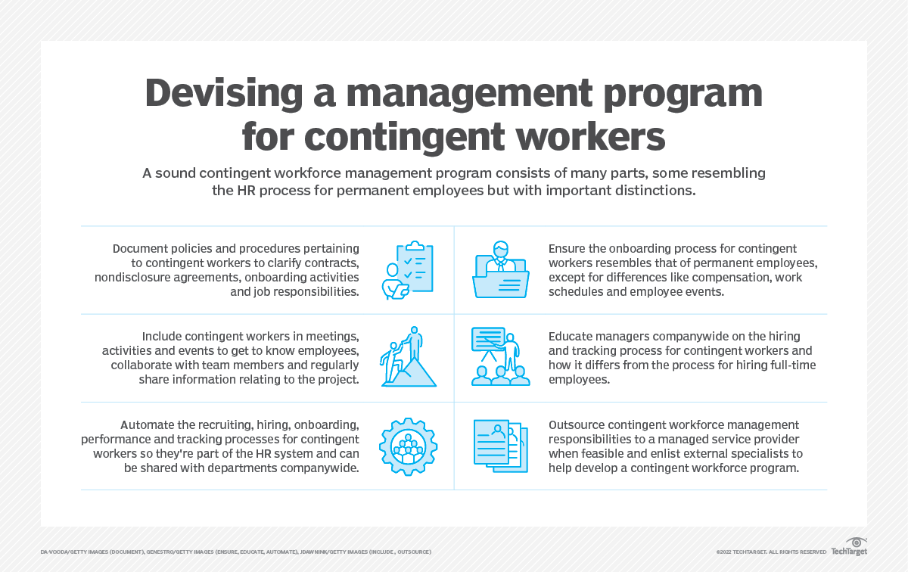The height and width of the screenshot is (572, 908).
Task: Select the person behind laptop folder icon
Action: pos(500,270)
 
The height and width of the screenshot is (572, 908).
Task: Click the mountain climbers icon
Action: pos(409,357)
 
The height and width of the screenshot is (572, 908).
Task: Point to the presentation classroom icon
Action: pos(500,356)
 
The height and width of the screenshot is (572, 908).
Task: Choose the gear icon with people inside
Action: pos(409,446)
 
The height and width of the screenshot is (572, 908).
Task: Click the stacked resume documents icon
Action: pos(500,446)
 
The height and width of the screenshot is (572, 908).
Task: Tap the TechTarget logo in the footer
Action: pos(849,549)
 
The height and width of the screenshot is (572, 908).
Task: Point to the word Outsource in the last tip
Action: pos(580,424)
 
